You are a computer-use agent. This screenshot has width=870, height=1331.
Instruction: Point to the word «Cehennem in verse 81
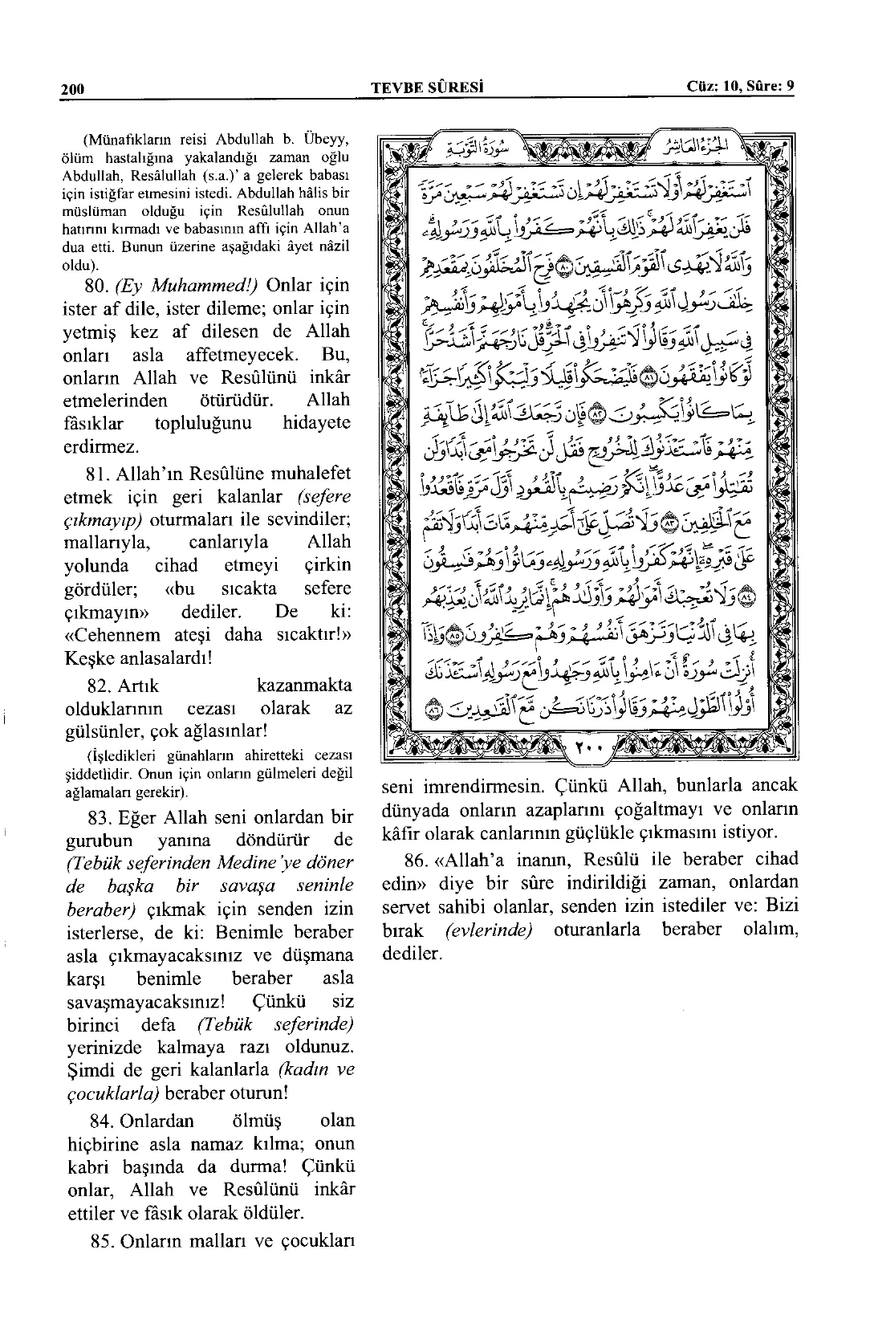point(106,635)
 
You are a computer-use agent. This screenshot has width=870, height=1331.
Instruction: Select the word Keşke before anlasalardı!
point(87,658)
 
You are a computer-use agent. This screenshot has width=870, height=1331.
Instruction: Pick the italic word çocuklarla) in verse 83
point(111,1093)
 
